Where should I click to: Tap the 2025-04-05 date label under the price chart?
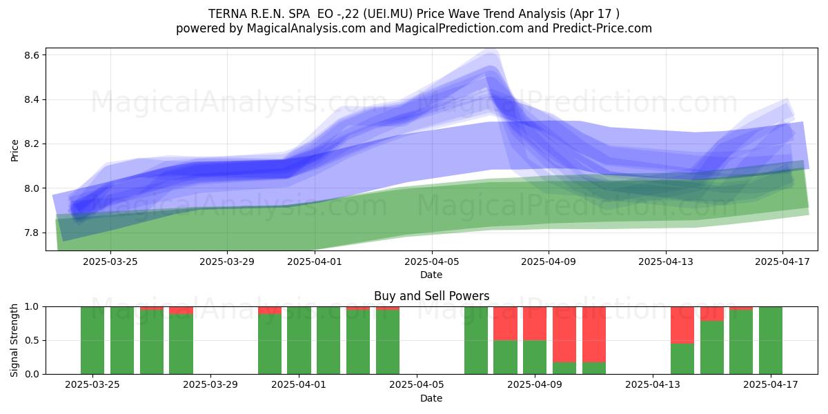(431, 262)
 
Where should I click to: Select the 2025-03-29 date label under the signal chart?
(210, 385)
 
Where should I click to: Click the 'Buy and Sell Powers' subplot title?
(431, 296)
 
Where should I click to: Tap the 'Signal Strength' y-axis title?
(14, 340)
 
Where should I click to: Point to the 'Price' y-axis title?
(14, 150)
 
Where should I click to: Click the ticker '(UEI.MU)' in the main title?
(388, 14)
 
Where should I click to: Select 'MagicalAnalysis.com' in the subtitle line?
(306, 28)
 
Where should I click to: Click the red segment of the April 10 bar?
(564, 335)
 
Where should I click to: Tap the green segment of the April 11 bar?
(594, 368)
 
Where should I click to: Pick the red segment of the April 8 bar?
(505, 324)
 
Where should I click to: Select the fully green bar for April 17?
(771, 340)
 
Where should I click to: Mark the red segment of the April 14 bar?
(682, 325)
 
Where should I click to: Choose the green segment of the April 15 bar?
(712, 348)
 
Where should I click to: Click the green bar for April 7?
(476, 340)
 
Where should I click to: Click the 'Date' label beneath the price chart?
(431, 275)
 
